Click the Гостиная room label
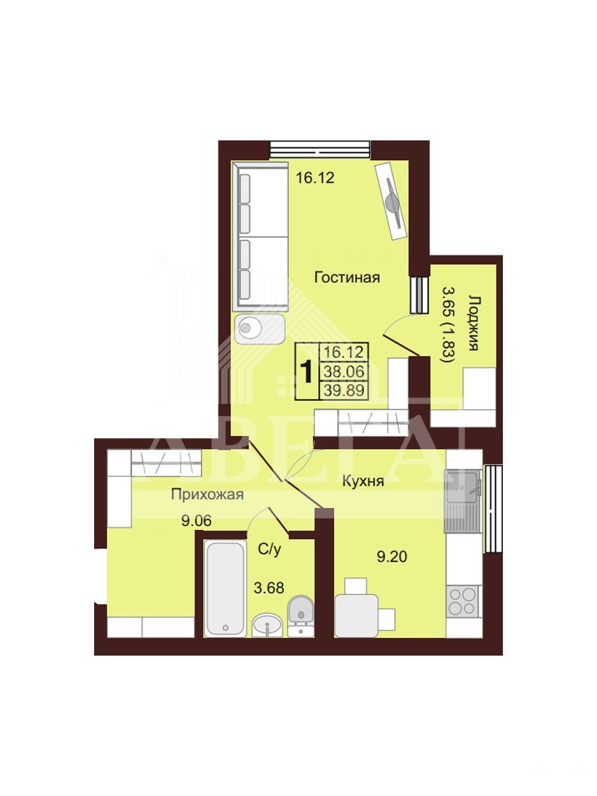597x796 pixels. click(x=347, y=278)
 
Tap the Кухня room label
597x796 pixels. click(x=363, y=482)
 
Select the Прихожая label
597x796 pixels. click(x=207, y=494)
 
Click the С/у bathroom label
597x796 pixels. click(x=269, y=550)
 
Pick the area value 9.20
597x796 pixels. click(x=392, y=557)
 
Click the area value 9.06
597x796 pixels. click(x=196, y=520)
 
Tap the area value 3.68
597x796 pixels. click(x=269, y=588)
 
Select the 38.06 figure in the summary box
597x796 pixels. click(x=344, y=371)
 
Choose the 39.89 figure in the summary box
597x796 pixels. click(x=344, y=390)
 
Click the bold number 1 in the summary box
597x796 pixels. click(x=306, y=372)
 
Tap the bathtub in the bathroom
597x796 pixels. click(x=225, y=588)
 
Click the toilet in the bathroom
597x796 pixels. click(x=301, y=616)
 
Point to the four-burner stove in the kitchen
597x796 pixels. click(x=464, y=602)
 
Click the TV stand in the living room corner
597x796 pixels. click(x=392, y=200)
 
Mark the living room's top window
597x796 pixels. click(x=320, y=150)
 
